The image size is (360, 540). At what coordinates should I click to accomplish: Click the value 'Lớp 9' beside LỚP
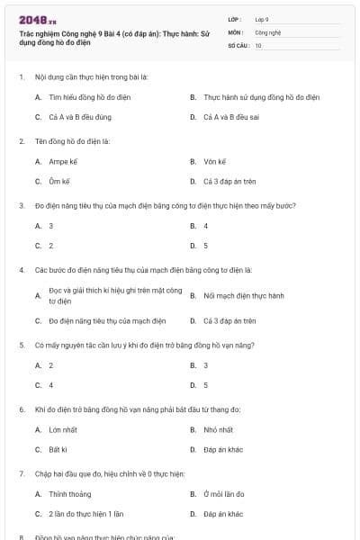(262, 19)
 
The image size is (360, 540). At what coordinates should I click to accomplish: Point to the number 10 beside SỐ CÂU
(258, 44)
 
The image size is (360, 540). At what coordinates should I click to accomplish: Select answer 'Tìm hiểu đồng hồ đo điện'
(86, 95)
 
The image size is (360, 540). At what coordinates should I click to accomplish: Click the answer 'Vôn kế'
(214, 162)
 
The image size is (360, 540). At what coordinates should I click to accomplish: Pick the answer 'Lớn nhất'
(63, 429)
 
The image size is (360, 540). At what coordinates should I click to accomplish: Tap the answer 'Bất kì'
(58, 449)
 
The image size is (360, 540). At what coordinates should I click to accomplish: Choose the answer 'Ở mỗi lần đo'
(223, 494)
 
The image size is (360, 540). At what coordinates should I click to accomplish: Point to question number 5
(21, 345)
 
